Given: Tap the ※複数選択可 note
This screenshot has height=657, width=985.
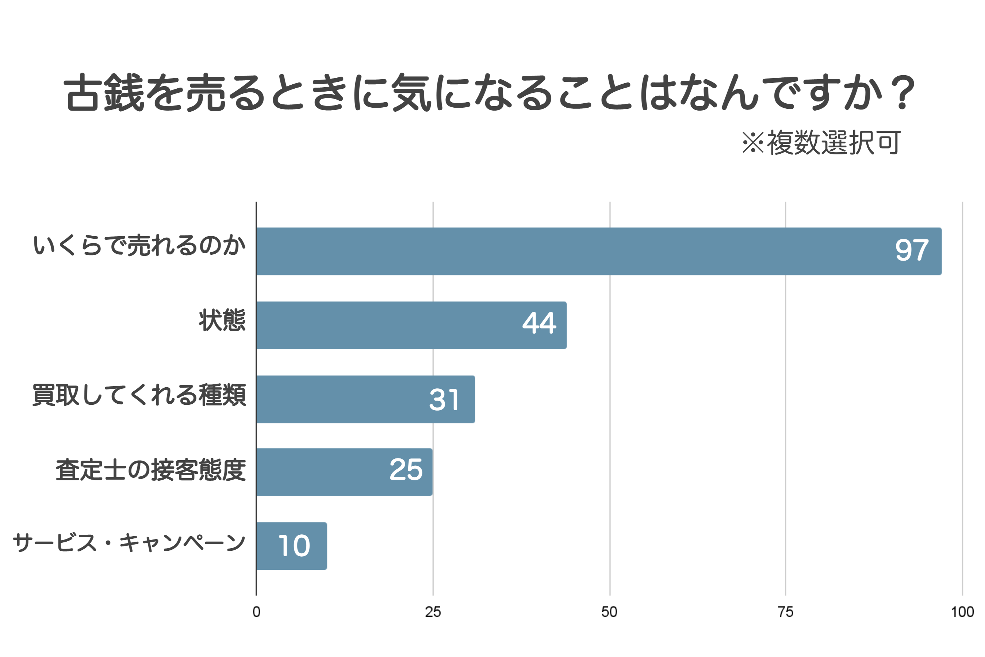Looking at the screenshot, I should (821, 142).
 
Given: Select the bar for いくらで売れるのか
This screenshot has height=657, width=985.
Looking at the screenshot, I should (587, 251).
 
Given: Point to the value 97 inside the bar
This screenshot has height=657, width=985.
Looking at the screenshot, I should (912, 250).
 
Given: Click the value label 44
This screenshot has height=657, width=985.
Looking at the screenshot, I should (539, 323).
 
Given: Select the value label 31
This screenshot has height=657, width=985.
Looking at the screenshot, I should (444, 400).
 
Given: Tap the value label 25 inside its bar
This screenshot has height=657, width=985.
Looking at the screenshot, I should (406, 470).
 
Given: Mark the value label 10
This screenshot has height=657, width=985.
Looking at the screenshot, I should (294, 546).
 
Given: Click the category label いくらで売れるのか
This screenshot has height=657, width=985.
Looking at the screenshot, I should (139, 246).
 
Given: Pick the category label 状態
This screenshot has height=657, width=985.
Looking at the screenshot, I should (222, 320).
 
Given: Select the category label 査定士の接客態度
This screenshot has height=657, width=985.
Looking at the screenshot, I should (151, 470).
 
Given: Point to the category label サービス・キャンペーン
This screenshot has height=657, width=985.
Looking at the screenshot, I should (129, 543).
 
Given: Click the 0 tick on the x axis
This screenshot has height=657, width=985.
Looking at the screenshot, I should (256, 612).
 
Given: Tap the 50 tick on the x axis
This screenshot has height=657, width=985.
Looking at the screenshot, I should (609, 612).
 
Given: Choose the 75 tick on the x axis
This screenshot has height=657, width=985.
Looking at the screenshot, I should (786, 612).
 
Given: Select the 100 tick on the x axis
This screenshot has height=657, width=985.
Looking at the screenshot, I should (962, 612).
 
